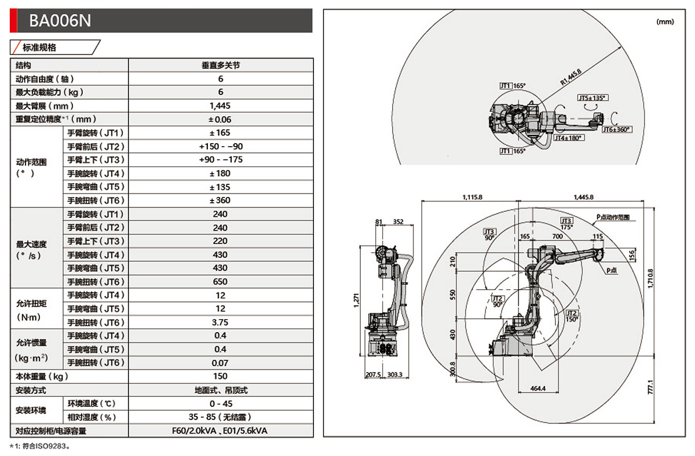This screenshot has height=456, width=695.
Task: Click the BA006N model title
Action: click(60, 21)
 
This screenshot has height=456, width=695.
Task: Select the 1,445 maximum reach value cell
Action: click(221, 105)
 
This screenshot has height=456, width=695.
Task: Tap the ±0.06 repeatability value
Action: click(221, 119)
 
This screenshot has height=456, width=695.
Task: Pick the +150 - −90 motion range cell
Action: click(221, 147)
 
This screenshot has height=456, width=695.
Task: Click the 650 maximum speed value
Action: click(221, 282)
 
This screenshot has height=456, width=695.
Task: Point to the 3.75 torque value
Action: click(221, 322)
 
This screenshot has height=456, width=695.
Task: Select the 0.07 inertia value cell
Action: click(221, 363)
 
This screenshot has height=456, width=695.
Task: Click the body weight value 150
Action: click(221, 376)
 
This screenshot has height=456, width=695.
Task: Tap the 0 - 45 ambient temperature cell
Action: click(221, 403)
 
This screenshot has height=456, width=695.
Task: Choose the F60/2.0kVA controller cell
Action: click(221, 431)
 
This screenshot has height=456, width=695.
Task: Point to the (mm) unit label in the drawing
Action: click(665, 21)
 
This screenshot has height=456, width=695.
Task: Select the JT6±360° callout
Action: click(616, 130)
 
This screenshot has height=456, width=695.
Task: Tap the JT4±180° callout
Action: click(568, 138)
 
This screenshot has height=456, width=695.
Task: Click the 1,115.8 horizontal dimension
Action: click(473, 197)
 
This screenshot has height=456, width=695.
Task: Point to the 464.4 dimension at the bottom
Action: click(538, 388)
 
